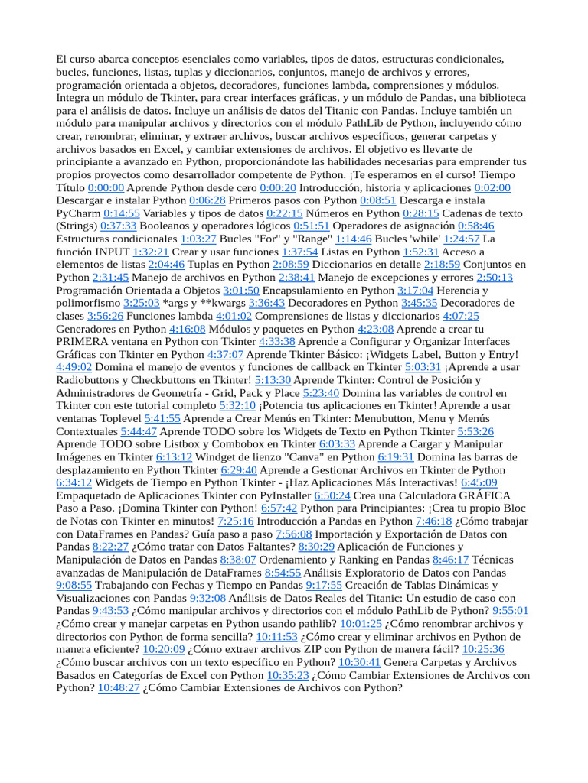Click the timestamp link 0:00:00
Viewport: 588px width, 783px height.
tap(106, 187)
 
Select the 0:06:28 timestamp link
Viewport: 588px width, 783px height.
tap(207, 200)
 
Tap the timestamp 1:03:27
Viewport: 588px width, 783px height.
tap(198, 239)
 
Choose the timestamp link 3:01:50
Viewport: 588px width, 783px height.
tap(241, 291)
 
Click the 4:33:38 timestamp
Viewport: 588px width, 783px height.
tap(277, 342)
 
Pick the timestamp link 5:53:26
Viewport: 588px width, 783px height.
tap(475, 431)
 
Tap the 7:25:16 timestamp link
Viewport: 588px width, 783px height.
tap(236, 521)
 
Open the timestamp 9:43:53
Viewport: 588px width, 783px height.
tap(110, 612)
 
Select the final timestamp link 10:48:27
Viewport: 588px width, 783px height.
tap(119, 689)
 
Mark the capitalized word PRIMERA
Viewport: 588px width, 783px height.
tap(82, 342)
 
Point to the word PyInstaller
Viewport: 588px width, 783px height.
tap(274, 496)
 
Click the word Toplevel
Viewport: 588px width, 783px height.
tap(115, 419)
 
